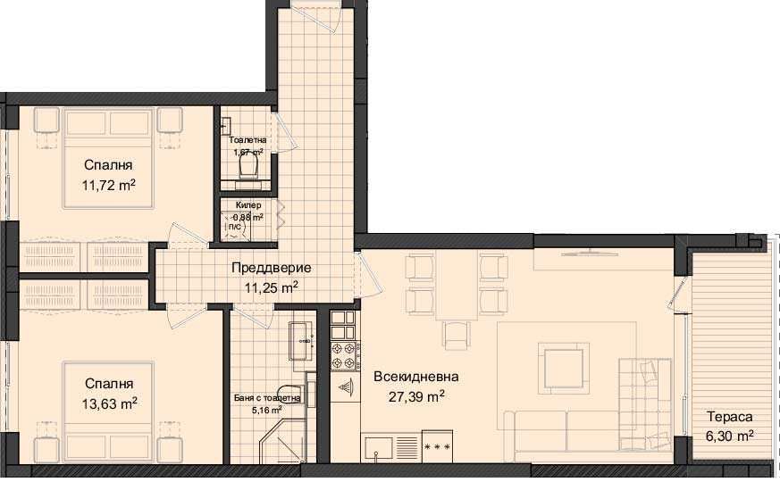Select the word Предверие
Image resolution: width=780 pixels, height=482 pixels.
tap(271, 268)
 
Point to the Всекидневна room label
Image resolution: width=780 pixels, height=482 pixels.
tap(409, 376)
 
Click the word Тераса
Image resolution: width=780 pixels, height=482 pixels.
tap(729, 417)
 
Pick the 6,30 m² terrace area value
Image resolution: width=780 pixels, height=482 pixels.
tap(729, 436)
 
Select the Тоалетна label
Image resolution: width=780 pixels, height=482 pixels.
tap(247, 140)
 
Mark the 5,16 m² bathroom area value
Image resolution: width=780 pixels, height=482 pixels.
tap(267, 410)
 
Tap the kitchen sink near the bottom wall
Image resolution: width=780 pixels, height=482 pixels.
tap(379, 445)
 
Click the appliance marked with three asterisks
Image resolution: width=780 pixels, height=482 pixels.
tap(437, 445)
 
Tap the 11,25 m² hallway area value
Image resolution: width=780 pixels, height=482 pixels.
tap(271, 287)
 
